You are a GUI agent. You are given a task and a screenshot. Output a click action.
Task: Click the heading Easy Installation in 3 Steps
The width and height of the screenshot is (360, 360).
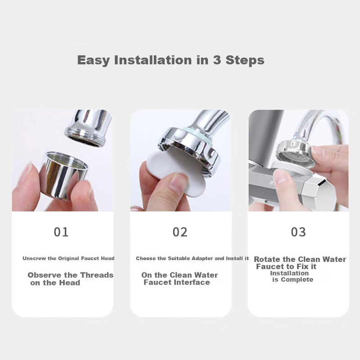point(171,60)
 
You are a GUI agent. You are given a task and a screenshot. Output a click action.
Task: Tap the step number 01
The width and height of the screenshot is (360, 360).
point(61,232)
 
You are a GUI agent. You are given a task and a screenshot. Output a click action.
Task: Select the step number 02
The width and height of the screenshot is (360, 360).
point(180,232)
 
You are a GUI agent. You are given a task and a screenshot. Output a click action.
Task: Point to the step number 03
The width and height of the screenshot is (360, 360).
point(298,232)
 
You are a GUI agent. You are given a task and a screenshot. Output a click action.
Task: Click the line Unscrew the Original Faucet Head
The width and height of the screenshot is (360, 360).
point(68,258)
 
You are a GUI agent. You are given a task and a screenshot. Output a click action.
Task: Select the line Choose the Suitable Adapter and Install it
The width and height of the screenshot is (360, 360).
point(192,258)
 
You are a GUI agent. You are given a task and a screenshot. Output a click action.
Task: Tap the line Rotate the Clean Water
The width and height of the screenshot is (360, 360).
point(300,259)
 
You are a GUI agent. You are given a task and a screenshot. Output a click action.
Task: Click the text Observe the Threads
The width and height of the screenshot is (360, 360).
point(70,275)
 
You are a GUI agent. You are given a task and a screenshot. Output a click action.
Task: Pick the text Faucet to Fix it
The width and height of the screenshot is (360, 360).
point(286,266)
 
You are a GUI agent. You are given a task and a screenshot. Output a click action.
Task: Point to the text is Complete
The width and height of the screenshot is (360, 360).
point(292,279)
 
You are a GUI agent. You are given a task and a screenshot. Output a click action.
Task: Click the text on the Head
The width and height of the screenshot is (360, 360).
point(55,283)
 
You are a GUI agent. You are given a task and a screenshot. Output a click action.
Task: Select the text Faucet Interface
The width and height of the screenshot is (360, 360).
point(176,282)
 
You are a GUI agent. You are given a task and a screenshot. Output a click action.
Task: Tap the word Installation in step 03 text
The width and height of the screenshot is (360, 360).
point(289,273)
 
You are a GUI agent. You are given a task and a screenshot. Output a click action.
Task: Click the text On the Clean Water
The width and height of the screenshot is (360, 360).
point(180,275)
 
